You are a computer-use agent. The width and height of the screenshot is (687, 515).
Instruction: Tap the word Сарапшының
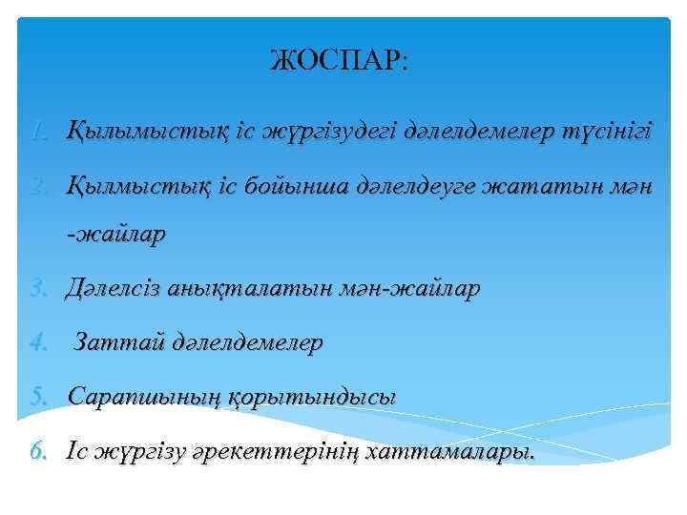point(142,395)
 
